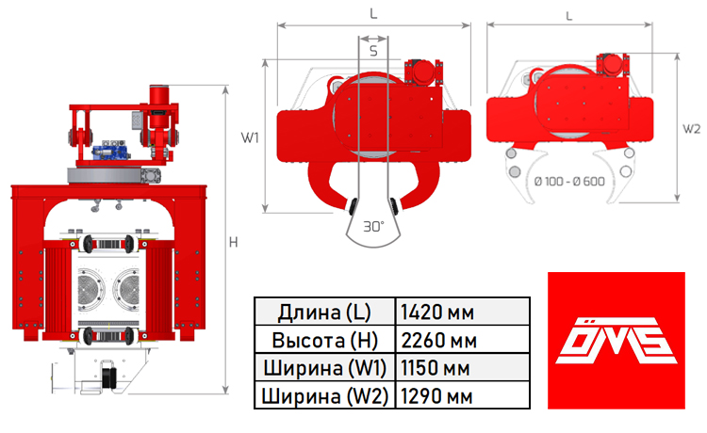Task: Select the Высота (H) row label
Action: click(x=324, y=340)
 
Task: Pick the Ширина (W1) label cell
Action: click(x=324, y=368)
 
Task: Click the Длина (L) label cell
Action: click(x=324, y=312)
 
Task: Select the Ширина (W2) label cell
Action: click(x=324, y=396)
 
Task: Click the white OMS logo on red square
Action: click(x=616, y=341)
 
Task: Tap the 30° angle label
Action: click(x=374, y=227)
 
